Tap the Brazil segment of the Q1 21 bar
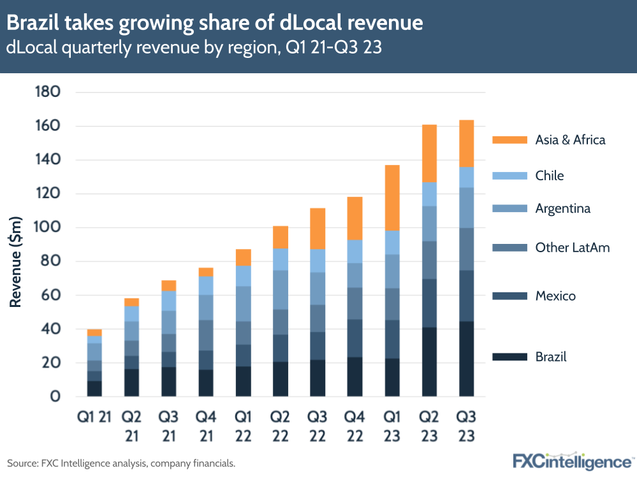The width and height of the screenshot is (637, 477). click(x=94, y=388)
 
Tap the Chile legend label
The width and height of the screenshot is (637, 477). click(x=549, y=176)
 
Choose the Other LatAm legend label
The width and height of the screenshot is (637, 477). click(x=572, y=248)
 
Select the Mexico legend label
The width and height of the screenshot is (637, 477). click(x=555, y=296)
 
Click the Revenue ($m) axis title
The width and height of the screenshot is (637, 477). click(x=15, y=262)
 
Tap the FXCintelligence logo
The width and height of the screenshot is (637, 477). click(x=571, y=461)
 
